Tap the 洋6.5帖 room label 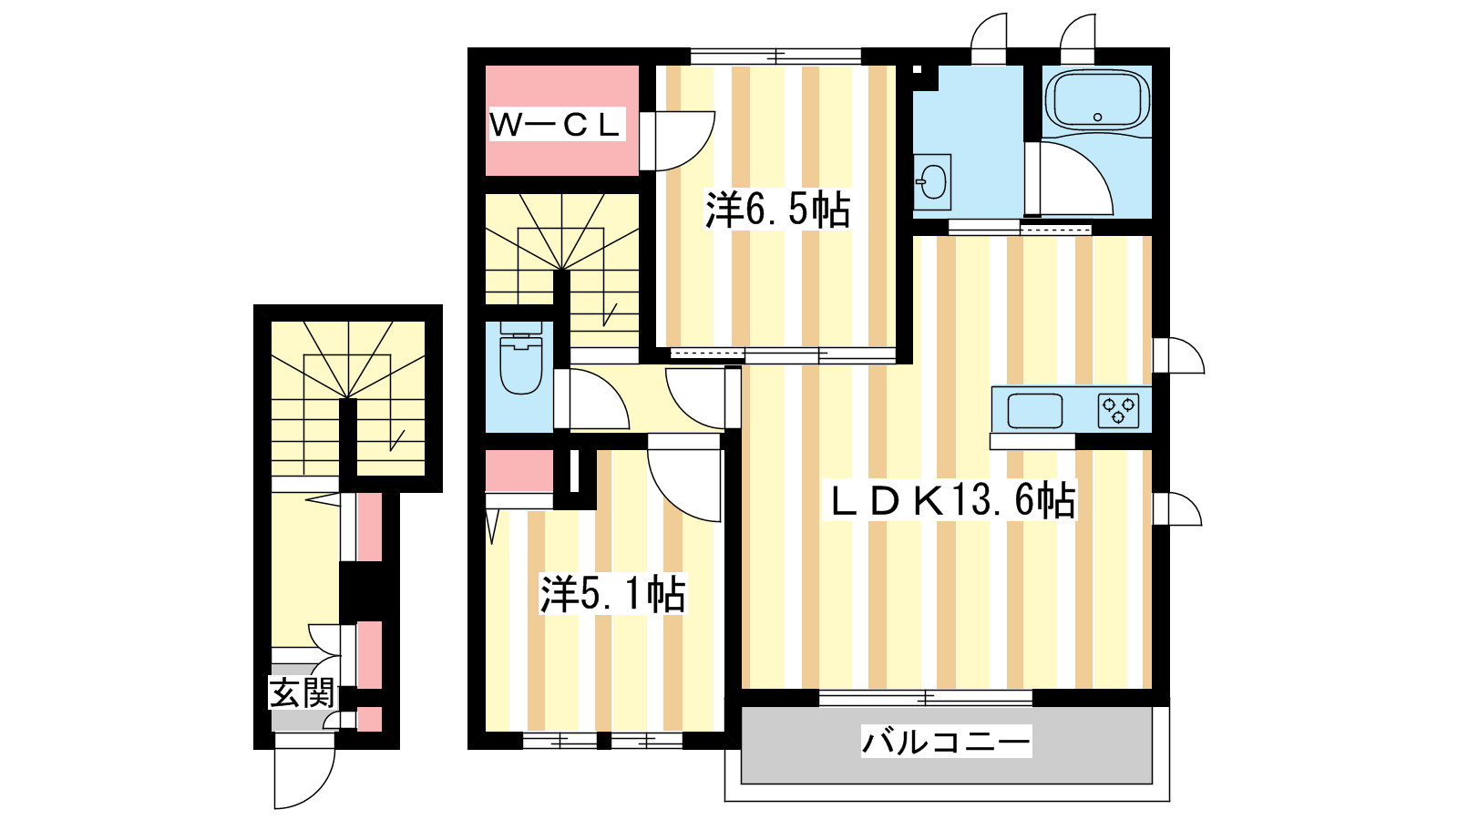pyautogui.click(x=778, y=210)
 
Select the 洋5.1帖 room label pyautogui.click(x=612, y=593)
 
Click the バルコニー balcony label pyautogui.click(x=947, y=742)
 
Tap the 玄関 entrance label pyautogui.click(x=302, y=692)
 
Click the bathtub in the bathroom pyautogui.click(x=1097, y=101)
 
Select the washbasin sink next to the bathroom pyautogui.click(x=932, y=181)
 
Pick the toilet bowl pyautogui.click(x=520, y=359)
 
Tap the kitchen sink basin pyautogui.click(x=1035, y=411)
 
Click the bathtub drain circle pyautogui.click(x=1097, y=118)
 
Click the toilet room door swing pyautogui.click(x=598, y=398)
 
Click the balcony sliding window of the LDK pyautogui.click(x=926, y=698)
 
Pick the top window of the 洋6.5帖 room pyautogui.click(x=775, y=56)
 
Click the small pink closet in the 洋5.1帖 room pyautogui.click(x=519, y=470)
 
